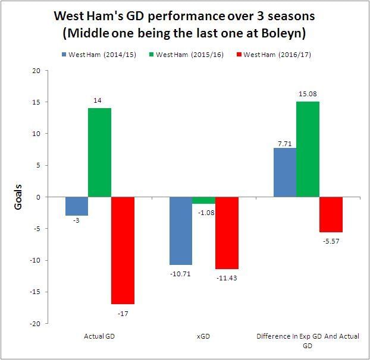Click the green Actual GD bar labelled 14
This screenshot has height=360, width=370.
click(x=99, y=153)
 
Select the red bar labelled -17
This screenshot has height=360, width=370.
click(x=123, y=250)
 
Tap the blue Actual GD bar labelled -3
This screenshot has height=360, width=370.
click(x=77, y=206)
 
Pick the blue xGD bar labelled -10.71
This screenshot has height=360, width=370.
click(x=181, y=230)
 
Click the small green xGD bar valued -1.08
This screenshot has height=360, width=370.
click(x=203, y=200)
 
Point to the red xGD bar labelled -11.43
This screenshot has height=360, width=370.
click(x=227, y=233)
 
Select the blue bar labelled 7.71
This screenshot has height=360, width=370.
click(x=285, y=172)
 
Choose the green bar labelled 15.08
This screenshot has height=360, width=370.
click(x=308, y=149)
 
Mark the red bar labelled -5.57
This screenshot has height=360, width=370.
click(x=331, y=214)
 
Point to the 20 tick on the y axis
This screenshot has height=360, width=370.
click(x=37, y=70)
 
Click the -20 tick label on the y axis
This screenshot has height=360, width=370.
click(x=35, y=324)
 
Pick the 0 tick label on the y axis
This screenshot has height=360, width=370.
click(x=39, y=197)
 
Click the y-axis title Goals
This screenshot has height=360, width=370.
click(x=18, y=197)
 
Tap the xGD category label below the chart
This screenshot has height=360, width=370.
click(x=203, y=336)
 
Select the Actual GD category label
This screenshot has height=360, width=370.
click(x=99, y=336)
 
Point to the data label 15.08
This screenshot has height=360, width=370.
click(x=308, y=93)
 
